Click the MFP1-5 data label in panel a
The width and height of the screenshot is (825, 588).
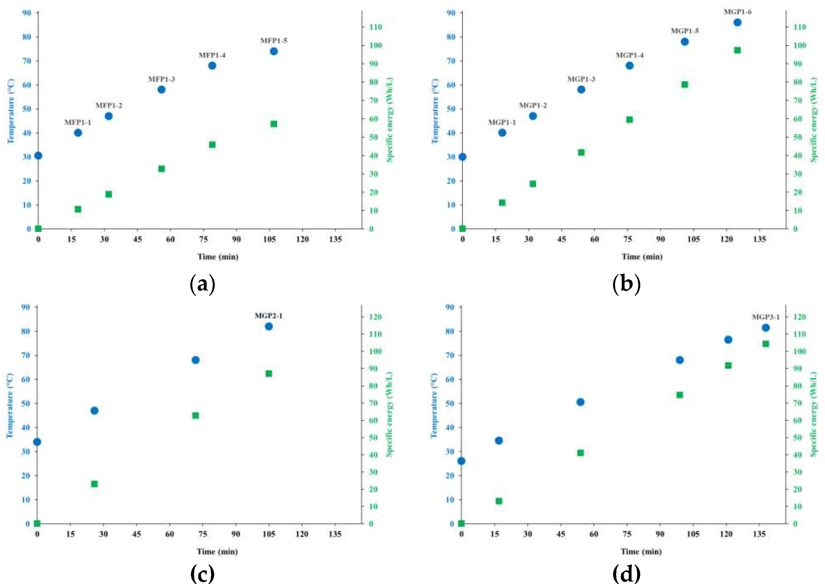(274, 41)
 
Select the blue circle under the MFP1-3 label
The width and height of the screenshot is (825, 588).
(161, 89)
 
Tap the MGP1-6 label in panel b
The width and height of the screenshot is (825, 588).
(737, 12)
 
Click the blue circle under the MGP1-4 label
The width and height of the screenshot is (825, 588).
(629, 66)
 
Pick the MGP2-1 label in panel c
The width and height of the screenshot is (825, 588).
(268, 316)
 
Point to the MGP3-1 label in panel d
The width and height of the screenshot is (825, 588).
(766, 317)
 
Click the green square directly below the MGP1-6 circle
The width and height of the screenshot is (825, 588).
(737, 50)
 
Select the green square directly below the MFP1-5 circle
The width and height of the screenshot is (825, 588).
(274, 124)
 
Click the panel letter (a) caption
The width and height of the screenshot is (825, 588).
(202, 284)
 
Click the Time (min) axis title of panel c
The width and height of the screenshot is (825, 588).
(217, 551)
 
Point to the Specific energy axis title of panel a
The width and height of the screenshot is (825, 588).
(390, 120)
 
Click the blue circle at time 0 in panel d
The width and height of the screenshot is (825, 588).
(461, 461)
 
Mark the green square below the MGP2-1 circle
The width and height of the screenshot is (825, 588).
(268, 374)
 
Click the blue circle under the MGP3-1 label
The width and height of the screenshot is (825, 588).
(766, 328)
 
